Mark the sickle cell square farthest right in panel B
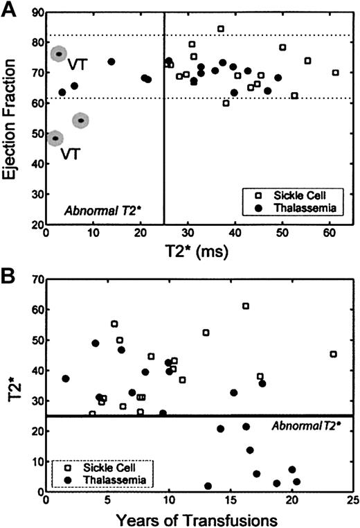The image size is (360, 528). pyautogui.click(x=333, y=354)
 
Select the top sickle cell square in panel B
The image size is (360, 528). pyautogui.click(x=245, y=306)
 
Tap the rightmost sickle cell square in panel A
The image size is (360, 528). pyautogui.click(x=335, y=73)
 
